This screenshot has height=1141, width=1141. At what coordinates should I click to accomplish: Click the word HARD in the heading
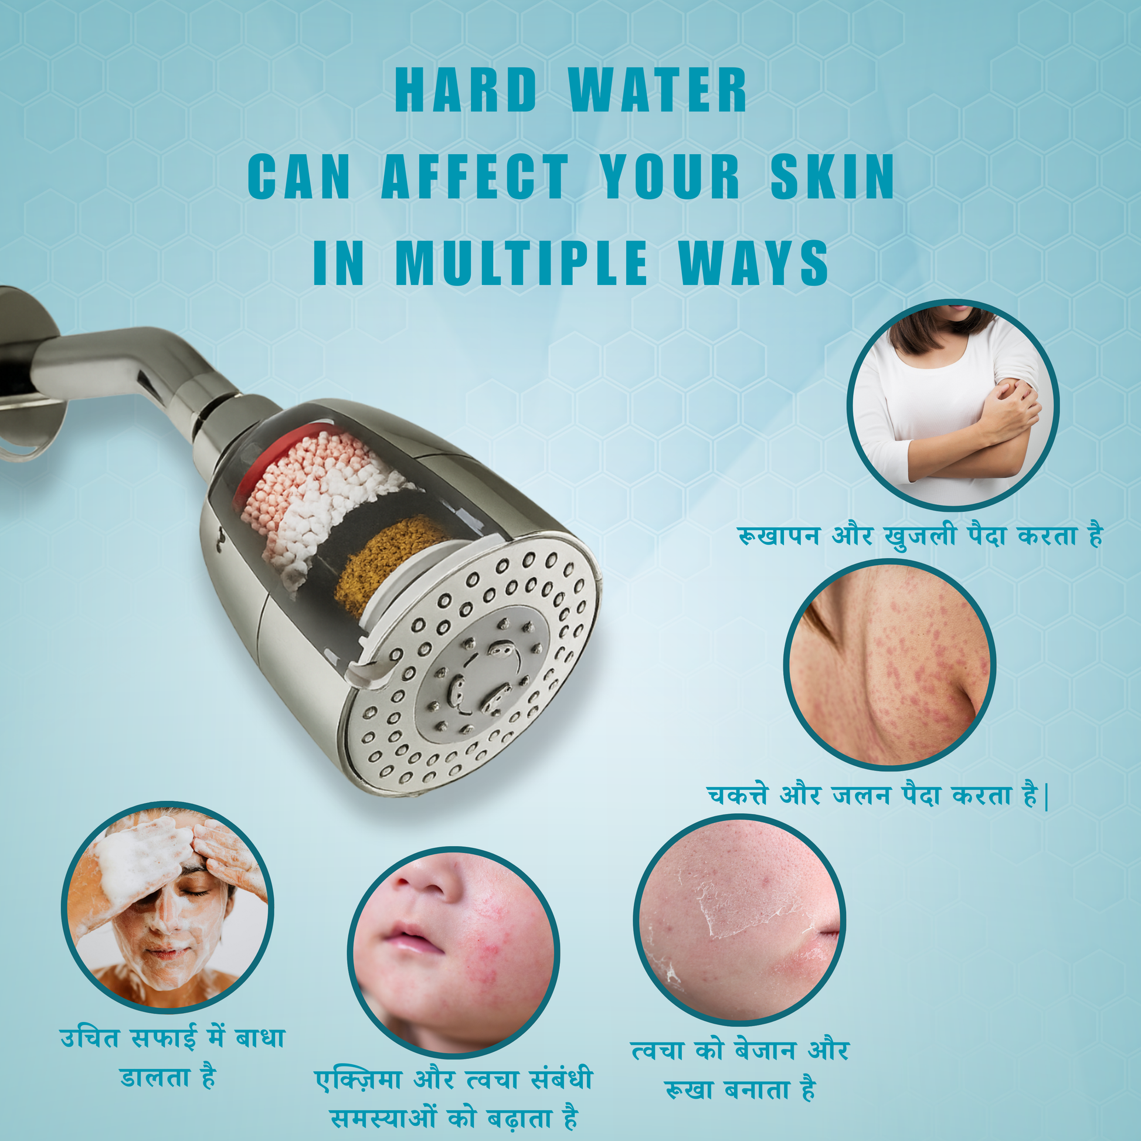[466, 90]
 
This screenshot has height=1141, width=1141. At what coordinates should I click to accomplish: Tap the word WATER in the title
[658, 90]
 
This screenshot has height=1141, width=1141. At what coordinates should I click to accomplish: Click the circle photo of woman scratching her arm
[953, 405]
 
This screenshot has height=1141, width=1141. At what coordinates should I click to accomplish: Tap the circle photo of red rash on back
[889, 665]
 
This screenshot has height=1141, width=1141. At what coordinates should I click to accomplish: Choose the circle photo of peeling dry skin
[739, 919]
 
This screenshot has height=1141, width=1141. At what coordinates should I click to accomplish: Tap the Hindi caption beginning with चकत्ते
[877, 794]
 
